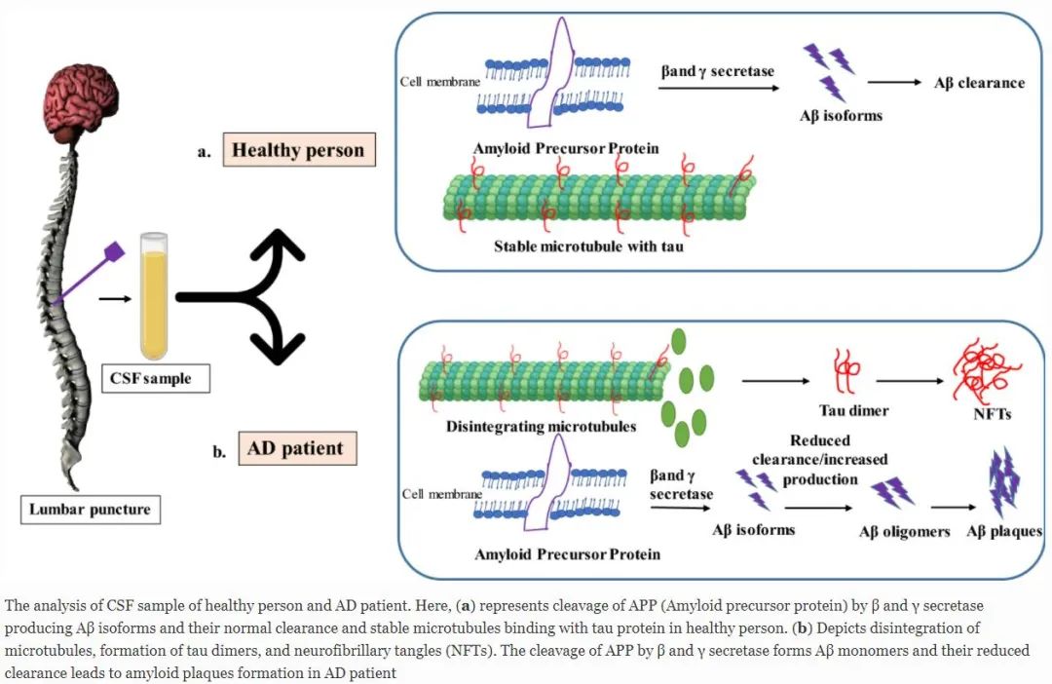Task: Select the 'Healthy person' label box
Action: coord(297,151)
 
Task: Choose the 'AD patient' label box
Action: coord(294,449)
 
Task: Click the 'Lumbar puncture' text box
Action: coord(91,508)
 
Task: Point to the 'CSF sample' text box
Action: coord(155,378)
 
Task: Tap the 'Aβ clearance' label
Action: coord(979,83)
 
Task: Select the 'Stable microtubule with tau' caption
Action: coord(588,247)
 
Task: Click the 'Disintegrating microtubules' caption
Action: coord(541,427)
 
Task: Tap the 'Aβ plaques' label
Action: coord(1003,532)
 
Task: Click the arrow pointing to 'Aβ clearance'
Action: coord(893,83)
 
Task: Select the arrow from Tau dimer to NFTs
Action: coord(909,380)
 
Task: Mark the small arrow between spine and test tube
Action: coord(115,298)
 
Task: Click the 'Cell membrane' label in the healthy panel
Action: coord(439,82)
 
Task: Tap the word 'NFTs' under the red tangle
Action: coord(992,413)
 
